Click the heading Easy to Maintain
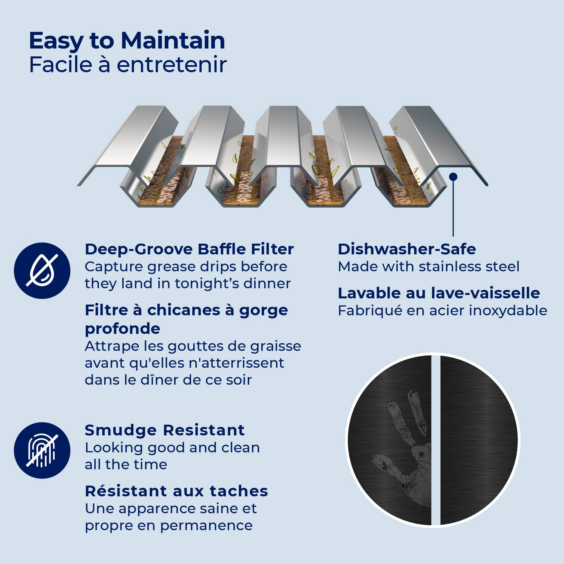pos(127,41)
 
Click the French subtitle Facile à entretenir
pos(128,65)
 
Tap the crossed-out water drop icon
pos(42,271)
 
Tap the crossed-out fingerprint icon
pos(42,450)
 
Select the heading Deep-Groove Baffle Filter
pos(189,249)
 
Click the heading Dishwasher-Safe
pos(407,249)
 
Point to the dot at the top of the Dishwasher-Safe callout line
pos(453,177)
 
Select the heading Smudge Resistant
pos(165,430)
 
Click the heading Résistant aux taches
pos(176,491)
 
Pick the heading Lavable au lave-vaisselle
pos(439,293)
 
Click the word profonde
pos(122,329)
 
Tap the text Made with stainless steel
pos(429,266)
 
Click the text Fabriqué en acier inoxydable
pos(442,310)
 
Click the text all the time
pos(126,464)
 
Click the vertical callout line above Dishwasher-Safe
pos(453,207)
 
